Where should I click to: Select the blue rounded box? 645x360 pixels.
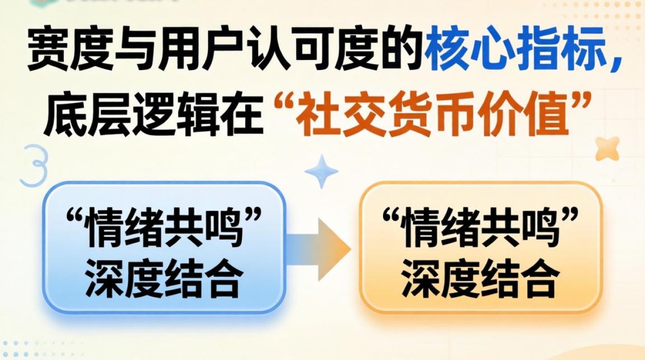pos(163,247)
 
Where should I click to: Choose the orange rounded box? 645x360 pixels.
pos(480,247)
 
